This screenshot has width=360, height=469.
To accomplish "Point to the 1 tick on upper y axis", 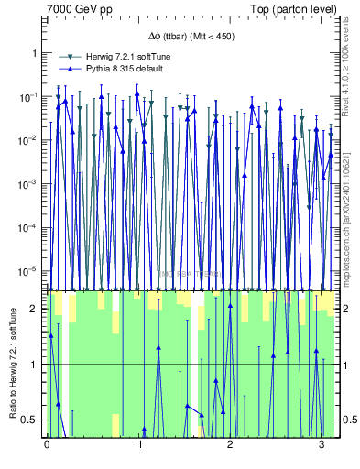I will coord(36,53).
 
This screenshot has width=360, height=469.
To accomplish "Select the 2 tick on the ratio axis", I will coord(36,309).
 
